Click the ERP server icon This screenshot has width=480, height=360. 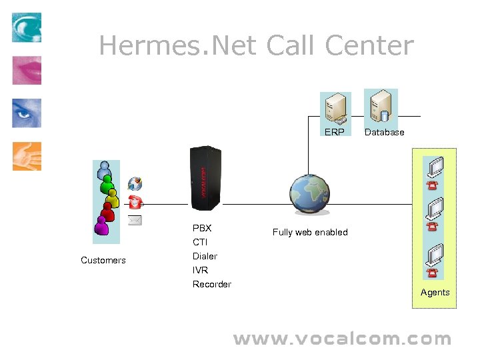[335, 109]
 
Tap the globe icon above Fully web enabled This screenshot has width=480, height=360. [309, 194]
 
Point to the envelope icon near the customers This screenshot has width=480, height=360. [135, 220]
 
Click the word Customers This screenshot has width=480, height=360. [103, 260]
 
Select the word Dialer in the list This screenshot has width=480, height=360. [205, 256]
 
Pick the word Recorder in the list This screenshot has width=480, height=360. [212, 284]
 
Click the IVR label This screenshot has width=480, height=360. [201, 270]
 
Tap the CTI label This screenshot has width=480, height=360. [200, 242]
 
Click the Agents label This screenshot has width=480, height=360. [435, 292]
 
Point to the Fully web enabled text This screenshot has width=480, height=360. [310, 232]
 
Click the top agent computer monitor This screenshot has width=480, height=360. [435, 165]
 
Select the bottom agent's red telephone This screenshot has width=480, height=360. [433, 273]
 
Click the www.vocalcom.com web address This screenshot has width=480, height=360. [342, 339]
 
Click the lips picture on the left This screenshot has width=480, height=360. [27, 70]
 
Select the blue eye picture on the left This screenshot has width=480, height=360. [27, 113]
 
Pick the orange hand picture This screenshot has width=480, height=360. [27, 156]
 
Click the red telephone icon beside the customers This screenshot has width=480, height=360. [136, 202]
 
